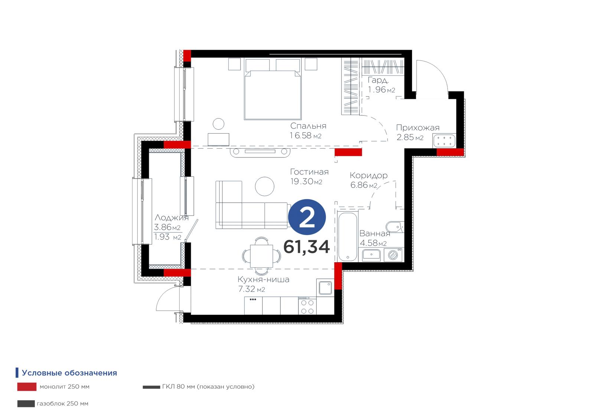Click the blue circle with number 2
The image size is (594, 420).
(307, 217)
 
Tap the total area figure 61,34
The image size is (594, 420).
(307, 247)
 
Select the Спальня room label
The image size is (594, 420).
(308, 126)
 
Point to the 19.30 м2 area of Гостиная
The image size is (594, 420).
(306, 182)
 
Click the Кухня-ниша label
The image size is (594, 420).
(263, 279)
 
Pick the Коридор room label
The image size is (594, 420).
(369, 175)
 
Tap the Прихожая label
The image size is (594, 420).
(418, 128)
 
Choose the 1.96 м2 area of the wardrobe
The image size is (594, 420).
(382, 89)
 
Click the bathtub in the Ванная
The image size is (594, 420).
(347, 237)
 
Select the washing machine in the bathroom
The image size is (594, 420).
(393, 255)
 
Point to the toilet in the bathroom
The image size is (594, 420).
(395, 227)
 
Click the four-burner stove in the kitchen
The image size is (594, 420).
(307, 306)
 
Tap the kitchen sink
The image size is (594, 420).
(325, 288)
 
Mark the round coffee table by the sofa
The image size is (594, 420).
(265, 186)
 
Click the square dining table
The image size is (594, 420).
(261, 256)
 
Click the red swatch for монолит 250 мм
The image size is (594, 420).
(27, 387)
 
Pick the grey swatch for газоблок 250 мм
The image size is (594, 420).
(26, 404)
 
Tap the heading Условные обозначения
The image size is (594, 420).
(69, 373)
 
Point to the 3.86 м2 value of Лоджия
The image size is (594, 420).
(167, 227)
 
